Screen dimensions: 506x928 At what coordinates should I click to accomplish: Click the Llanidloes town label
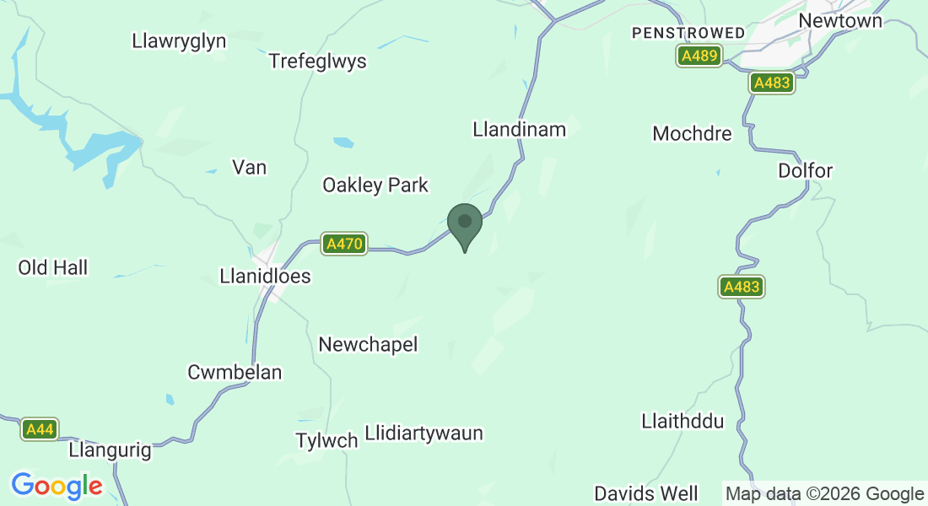(265, 277)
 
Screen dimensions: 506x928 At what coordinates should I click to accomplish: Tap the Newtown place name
(839, 20)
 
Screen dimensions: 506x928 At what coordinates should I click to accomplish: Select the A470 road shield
(344, 245)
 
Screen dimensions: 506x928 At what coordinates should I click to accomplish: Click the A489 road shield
(699, 57)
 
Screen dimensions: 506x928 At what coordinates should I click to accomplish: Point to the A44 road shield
(40, 430)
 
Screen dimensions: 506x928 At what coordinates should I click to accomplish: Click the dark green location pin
(464, 223)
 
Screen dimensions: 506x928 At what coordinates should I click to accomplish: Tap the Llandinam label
(519, 129)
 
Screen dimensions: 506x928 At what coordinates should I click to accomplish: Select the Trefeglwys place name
(317, 62)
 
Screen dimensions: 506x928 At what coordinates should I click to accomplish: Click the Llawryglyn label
(180, 40)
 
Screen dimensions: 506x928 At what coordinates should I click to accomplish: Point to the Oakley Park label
(375, 186)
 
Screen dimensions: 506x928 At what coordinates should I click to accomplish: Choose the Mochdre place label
(692, 134)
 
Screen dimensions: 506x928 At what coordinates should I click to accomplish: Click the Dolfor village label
(805, 171)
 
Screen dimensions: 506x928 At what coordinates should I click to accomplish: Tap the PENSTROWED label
(688, 33)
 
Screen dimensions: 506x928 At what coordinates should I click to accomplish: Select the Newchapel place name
(368, 345)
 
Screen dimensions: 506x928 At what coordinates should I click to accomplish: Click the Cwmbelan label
(235, 373)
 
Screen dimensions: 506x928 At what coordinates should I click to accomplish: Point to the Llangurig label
(111, 451)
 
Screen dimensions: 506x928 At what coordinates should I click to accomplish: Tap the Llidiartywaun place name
(424, 434)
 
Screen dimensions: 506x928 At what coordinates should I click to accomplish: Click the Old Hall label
(53, 268)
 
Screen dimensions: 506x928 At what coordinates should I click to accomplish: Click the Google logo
(57, 486)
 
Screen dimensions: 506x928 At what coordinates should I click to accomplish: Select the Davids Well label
(646, 493)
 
